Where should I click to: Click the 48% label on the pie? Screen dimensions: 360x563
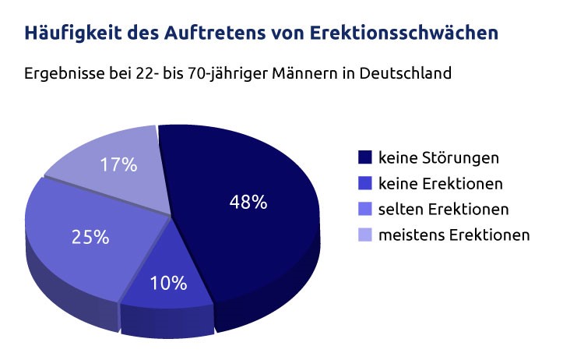pos(248,203)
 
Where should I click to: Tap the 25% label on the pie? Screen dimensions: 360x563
pos(90,237)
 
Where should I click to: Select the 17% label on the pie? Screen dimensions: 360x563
pos(119,164)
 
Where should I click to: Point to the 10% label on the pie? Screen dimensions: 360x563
pos(169,283)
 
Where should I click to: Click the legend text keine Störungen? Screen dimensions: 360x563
pos(438,158)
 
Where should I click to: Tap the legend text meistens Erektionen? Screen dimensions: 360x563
pos(454,235)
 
